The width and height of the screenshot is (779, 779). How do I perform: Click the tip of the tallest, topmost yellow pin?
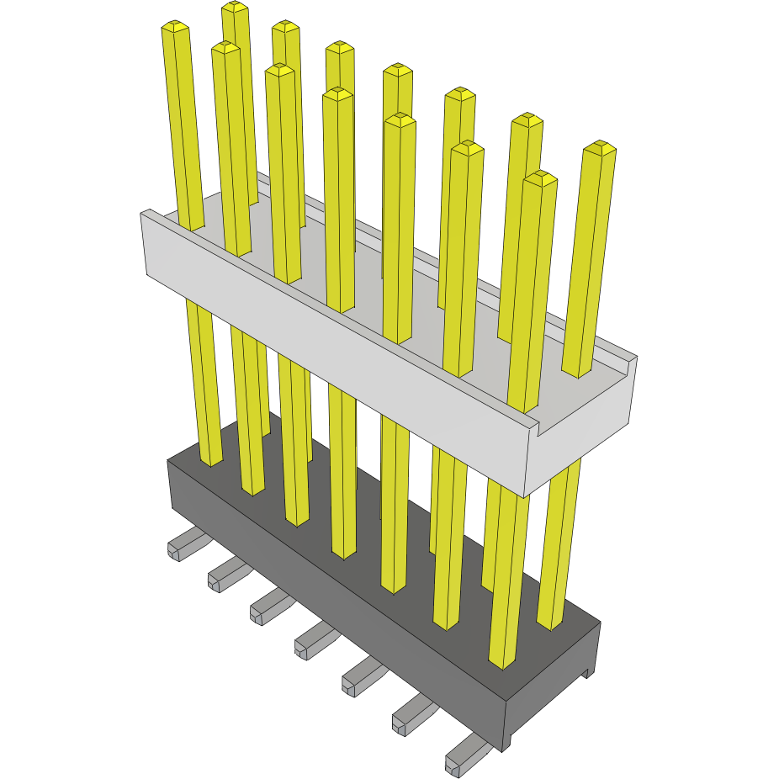tap(236, 9)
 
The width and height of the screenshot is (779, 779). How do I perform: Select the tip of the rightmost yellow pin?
tap(600, 149)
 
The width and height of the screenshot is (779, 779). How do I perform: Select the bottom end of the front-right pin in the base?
tap(501, 663)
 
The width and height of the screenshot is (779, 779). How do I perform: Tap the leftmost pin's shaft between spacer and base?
tap(202, 379)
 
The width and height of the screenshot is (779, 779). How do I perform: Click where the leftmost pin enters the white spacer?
tap(191, 225)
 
